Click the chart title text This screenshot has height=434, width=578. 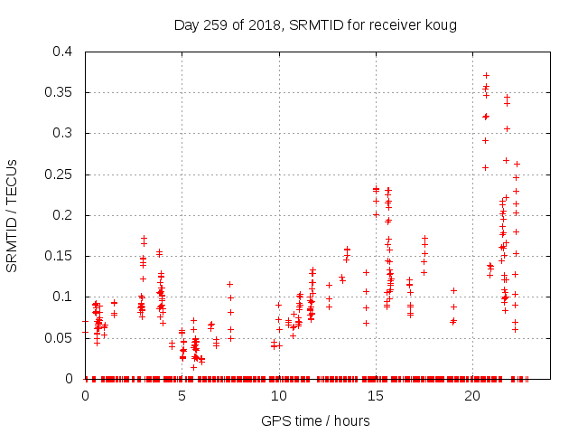pos(315,24)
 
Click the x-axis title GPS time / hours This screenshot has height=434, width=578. pos(315,420)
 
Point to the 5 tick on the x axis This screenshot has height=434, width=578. pos(182,396)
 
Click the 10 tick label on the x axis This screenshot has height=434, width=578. pos(279,396)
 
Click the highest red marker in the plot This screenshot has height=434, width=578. pos(486,76)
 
